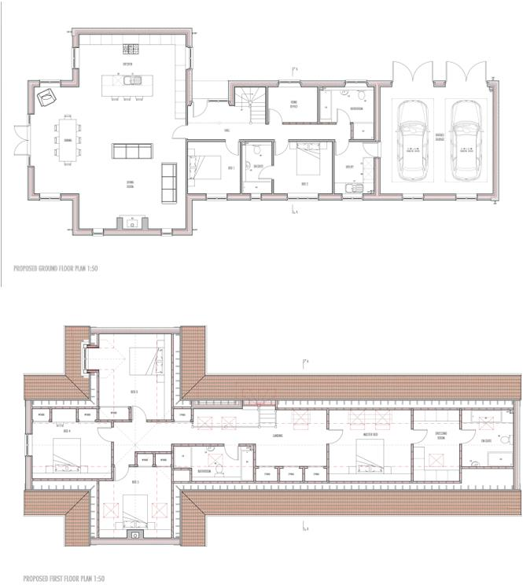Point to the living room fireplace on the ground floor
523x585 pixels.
point(132,223)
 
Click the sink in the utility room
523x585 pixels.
point(351,187)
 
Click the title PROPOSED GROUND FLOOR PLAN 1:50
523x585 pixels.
point(55,268)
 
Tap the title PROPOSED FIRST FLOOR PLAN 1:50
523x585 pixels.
point(53,578)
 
